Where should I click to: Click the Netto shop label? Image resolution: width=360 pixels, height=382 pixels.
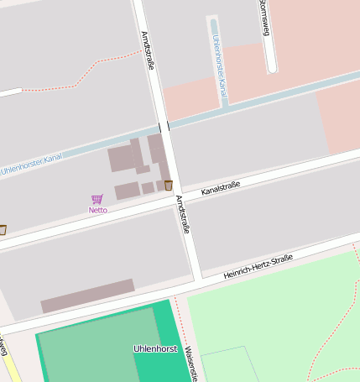click(98, 210)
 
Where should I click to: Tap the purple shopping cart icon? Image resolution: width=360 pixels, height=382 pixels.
click(97, 200)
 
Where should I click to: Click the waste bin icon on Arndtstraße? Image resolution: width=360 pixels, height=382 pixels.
click(169, 185)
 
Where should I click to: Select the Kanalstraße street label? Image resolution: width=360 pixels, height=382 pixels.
click(221, 188)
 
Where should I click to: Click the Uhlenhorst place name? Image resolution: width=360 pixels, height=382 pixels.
click(154, 348)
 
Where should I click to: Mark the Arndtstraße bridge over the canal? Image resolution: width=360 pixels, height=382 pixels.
click(164, 127)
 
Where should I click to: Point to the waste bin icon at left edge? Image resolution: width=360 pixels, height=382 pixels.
click(3, 229)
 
